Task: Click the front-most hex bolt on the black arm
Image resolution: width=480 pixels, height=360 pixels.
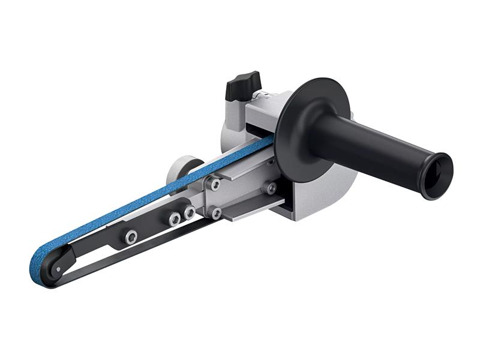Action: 130,237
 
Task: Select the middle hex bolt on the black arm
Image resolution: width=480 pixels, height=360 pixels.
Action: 175,219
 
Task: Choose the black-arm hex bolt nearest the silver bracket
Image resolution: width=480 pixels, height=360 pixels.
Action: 190,212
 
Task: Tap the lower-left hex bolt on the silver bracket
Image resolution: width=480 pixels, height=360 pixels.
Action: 215,212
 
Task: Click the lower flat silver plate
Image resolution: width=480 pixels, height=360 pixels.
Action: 252,210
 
